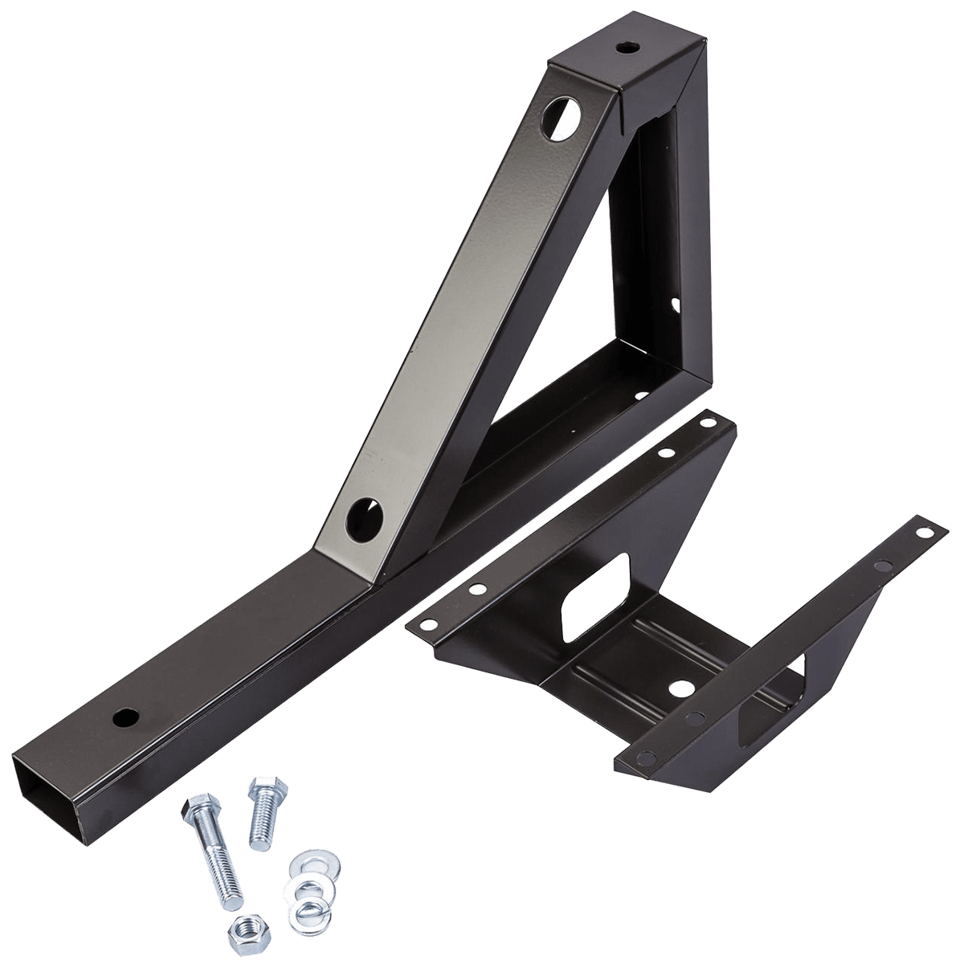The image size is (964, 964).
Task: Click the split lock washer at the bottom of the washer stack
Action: (x=308, y=912)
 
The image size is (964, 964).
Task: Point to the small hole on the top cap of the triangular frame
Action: (x=624, y=47)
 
